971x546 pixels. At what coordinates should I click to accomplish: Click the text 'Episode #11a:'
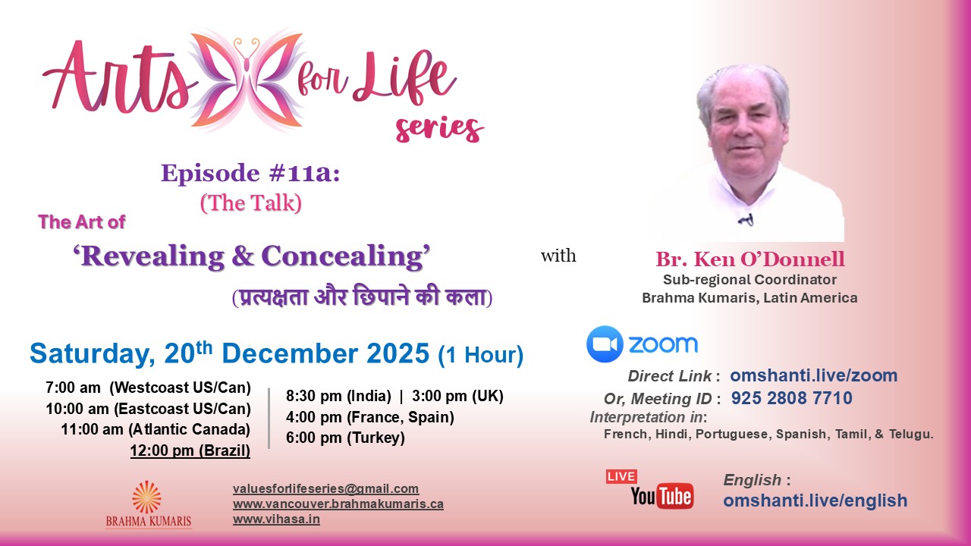click(250, 174)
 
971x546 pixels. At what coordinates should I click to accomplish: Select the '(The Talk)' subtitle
click(250, 202)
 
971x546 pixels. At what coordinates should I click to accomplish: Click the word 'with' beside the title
click(558, 256)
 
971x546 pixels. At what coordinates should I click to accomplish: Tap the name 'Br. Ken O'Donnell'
click(749, 260)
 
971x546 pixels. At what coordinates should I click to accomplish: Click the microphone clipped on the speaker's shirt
click(746, 221)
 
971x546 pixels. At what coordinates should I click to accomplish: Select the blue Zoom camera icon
click(605, 344)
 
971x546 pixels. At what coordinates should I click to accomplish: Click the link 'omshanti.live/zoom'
click(813, 375)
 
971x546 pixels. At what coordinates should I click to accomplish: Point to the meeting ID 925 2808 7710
click(791, 398)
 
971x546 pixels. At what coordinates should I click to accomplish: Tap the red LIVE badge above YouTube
click(621, 476)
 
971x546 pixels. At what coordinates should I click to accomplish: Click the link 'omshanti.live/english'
click(815, 500)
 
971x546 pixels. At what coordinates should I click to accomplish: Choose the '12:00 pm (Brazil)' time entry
click(190, 451)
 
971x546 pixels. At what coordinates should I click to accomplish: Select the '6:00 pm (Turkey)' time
click(345, 438)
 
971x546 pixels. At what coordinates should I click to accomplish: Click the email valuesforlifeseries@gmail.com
click(325, 489)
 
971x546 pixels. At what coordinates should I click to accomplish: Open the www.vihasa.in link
click(276, 519)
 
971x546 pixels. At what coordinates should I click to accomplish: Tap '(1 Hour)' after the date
click(481, 355)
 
